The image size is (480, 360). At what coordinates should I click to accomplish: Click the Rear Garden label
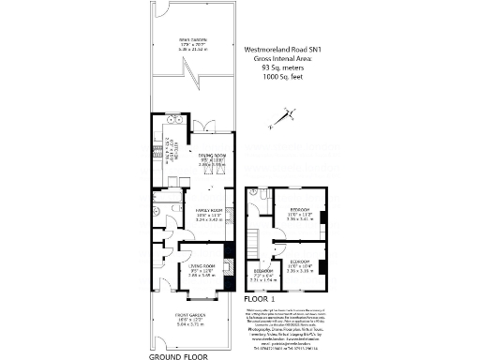192,43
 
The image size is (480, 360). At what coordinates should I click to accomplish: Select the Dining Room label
212,159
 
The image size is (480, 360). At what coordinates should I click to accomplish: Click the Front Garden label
190,319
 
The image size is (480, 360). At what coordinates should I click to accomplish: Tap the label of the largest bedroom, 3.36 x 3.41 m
301,213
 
